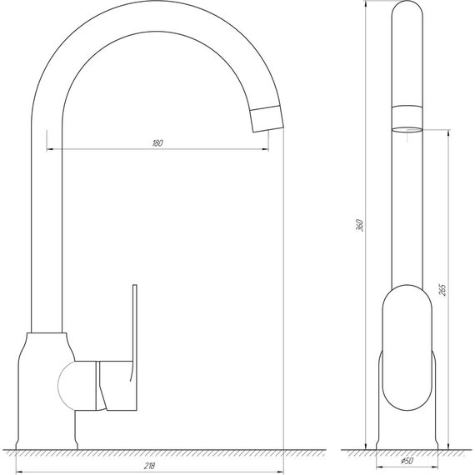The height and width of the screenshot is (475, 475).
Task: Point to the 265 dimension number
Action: pyautogui.click(x=442, y=290)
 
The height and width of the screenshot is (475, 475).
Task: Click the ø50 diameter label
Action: pyautogui.click(x=407, y=461)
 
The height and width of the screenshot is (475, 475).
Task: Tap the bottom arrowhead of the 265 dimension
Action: pyautogui.click(x=450, y=446)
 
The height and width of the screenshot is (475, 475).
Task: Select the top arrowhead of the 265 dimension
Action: pyautogui.click(x=450, y=133)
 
